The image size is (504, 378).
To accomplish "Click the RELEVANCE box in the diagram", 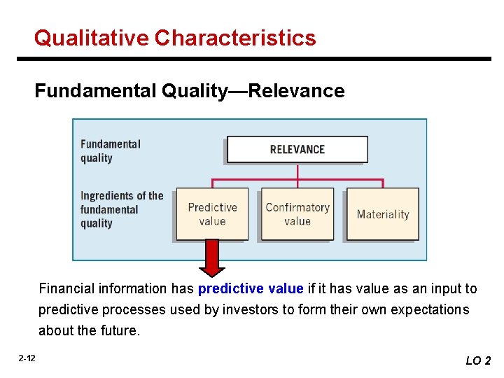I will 297,149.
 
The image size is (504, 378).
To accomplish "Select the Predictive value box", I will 212,214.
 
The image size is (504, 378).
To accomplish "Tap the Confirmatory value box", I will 297,214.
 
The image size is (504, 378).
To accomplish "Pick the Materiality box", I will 383,214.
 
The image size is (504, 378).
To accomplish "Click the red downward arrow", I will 212,258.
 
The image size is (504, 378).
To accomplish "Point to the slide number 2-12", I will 27,358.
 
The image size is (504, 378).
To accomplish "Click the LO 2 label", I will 478,360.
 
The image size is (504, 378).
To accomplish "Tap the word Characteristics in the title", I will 235,38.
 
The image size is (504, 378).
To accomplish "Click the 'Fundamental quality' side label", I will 110,150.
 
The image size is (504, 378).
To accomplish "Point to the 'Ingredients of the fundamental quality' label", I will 121,209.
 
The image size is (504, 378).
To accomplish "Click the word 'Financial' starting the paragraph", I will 66,288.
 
